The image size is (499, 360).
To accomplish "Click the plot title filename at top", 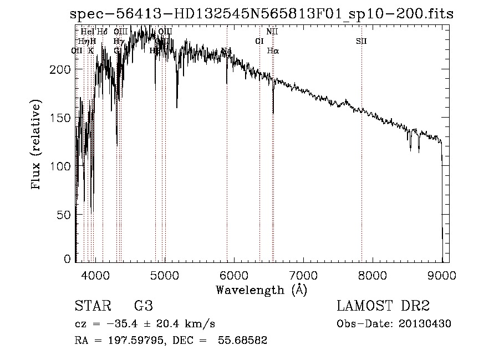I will (262, 14).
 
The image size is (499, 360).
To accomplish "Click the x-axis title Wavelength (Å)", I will (261, 289).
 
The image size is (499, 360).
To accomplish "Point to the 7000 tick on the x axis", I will (303, 275).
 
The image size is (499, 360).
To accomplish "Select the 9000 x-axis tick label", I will (441, 275).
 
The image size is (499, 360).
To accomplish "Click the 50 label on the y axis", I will (65, 215).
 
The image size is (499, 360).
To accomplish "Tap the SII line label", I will (361, 41).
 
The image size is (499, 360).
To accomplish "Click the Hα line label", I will (273, 50).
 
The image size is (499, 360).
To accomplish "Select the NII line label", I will (272, 32).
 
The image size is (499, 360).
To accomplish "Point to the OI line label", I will (259, 41).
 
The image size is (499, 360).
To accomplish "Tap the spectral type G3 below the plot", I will (143, 306).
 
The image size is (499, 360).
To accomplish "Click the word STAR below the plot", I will (92, 306).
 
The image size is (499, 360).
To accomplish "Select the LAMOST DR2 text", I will (383, 306).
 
